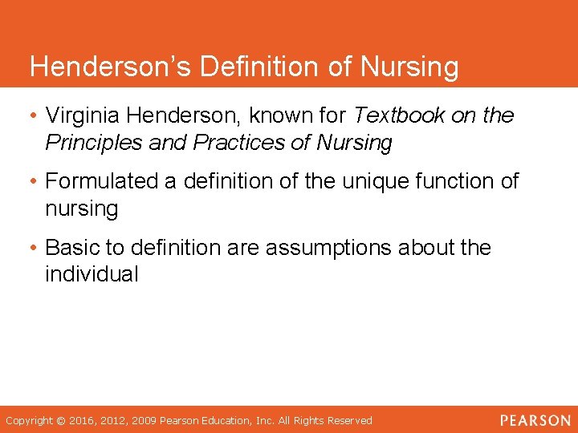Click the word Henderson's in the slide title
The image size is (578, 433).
110,67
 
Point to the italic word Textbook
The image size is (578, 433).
399,115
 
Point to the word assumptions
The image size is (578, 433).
330,247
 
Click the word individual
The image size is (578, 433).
92,274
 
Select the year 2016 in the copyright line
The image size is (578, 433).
82,420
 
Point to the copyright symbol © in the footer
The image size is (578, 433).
60,420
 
